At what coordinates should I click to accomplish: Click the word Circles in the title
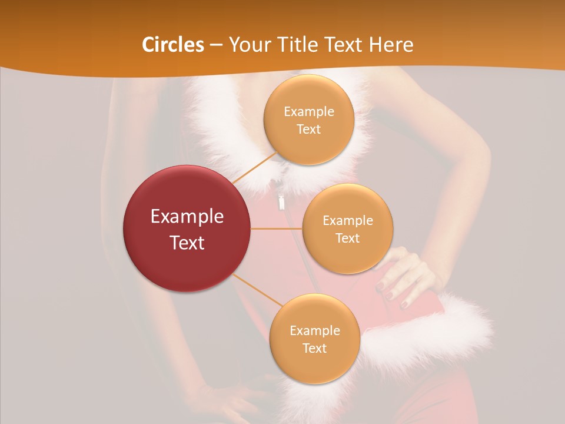tap(172, 45)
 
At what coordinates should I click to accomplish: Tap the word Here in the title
tap(391, 45)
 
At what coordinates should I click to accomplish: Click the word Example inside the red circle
tap(187, 217)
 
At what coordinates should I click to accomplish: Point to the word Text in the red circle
tap(187, 243)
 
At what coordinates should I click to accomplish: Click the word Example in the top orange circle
tap(309, 112)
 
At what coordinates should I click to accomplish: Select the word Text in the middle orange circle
tap(348, 238)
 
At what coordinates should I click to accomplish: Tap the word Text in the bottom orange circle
tap(314, 348)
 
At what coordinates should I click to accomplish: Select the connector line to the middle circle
tap(277, 228)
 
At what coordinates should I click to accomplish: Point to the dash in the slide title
tap(216, 45)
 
